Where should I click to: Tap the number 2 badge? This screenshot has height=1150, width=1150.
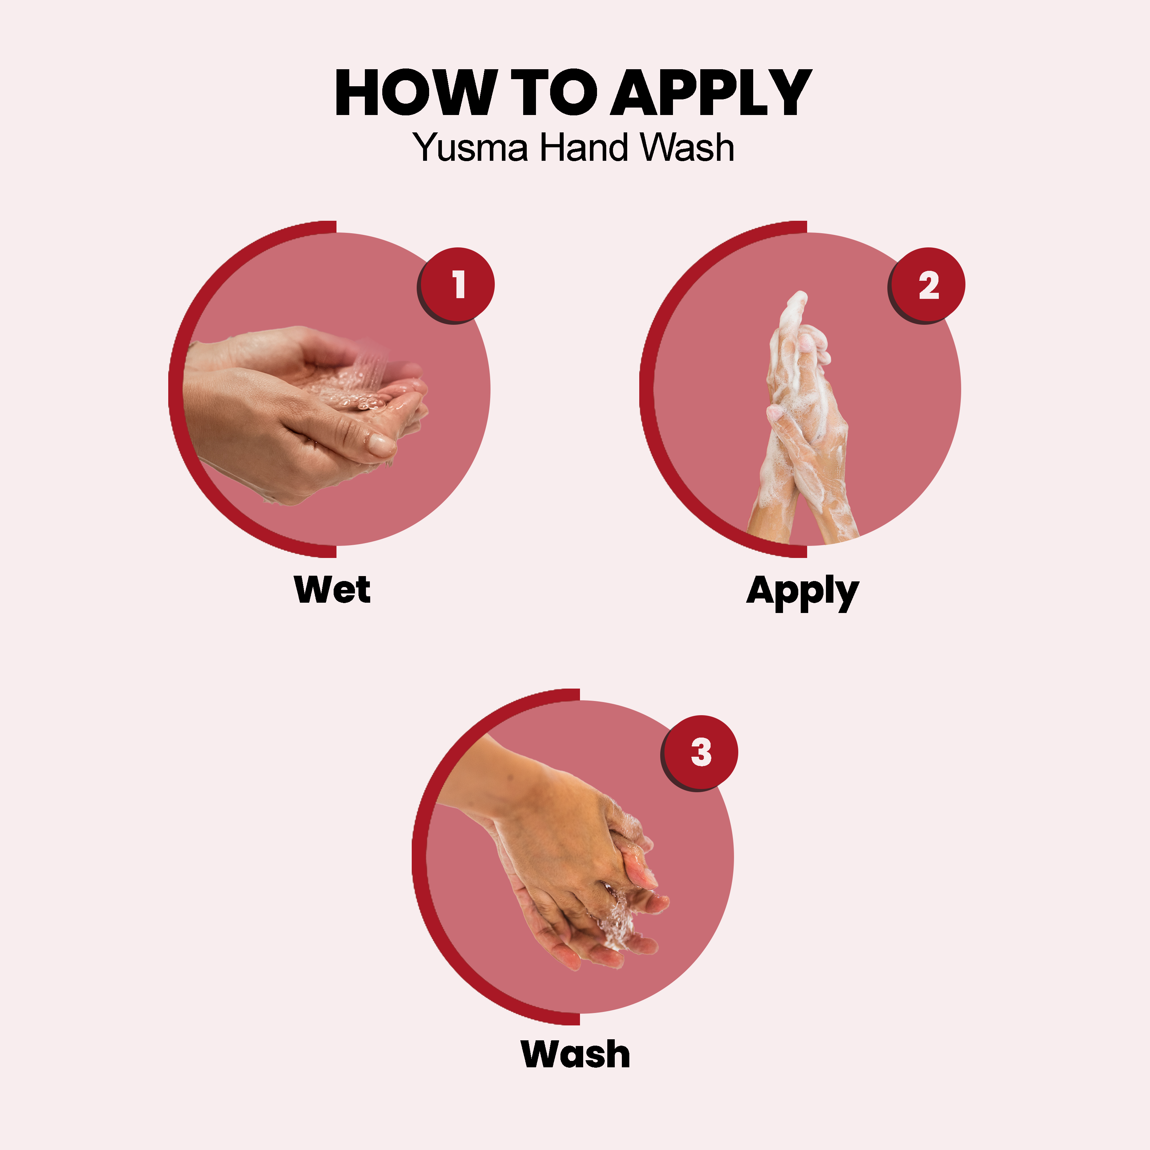click(x=928, y=285)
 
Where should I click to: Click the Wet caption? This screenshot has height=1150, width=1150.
click(x=332, y=590)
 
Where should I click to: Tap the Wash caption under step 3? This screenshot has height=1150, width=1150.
click(x=575, y=1055)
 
